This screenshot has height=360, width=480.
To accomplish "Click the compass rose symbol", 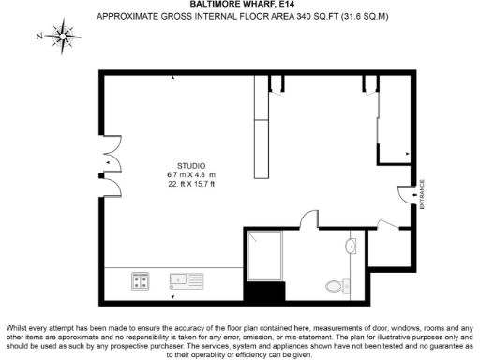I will [64, 37].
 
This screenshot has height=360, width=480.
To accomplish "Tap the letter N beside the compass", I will [38, 37].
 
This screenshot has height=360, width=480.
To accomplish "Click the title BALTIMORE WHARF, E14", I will [240, 5].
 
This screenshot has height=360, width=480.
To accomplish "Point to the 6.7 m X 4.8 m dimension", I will [190, 174].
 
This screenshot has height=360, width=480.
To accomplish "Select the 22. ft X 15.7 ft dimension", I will [190, 185].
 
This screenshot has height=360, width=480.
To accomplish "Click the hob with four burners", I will [142, 279].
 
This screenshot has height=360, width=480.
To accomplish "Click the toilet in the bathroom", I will [336, 285].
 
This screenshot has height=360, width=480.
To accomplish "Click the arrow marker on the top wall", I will [173, 80].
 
